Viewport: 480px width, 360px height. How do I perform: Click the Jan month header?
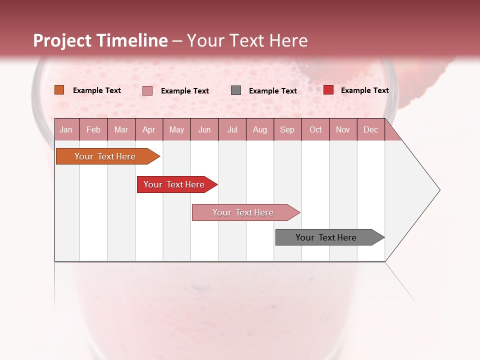coord(66,129)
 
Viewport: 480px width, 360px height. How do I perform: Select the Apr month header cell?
coord(149,129)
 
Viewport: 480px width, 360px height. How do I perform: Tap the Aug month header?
coord(260,129)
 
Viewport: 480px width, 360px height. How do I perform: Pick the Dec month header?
coord(370,129)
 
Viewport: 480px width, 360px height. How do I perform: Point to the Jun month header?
coord(204,129)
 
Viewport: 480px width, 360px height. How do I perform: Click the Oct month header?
coord(315,129)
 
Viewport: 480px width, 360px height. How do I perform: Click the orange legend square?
coord(59,90)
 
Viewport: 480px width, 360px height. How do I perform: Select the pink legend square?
coord(147,90)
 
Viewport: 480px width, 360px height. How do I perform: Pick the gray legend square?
coord(236,90)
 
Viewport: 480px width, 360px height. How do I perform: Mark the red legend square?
coord(328,90)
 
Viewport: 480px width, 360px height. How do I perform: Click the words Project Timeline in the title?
coord(100,40)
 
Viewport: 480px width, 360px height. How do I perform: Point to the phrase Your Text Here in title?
coord(247,40)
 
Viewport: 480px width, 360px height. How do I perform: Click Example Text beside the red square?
coord(364,90)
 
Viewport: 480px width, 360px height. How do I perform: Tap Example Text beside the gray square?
coord(272,91)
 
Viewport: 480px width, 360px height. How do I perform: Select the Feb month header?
coord(93,129)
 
